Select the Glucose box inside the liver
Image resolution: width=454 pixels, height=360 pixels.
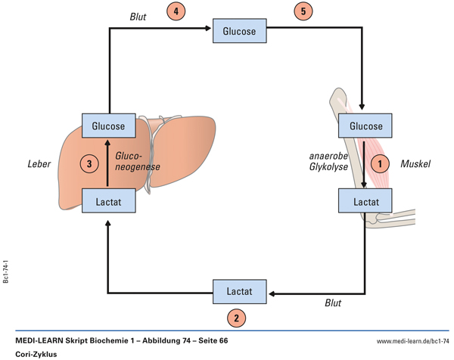pos(108,126)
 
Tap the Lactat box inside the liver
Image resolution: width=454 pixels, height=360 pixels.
pos(108,200)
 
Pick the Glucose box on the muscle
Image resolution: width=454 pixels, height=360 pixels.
pos(365,126)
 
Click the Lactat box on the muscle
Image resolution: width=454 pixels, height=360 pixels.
pos(365,200)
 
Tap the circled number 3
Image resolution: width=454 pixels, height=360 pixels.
pos(89,163)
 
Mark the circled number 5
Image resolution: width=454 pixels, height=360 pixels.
pos(300,13)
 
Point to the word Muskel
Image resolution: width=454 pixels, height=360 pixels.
pos(415,163)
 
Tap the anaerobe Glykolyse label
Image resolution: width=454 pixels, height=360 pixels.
pos(329,163)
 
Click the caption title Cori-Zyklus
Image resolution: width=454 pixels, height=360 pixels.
pos(36,353)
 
